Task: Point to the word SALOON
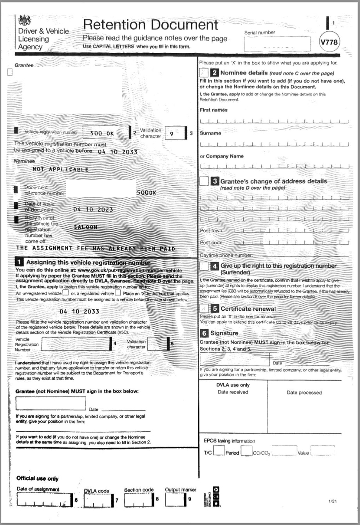pos(85,227)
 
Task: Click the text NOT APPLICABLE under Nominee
pos(60,170)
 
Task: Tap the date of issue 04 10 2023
pos(93,209)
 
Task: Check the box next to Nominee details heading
pos(204,72)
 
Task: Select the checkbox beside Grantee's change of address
pos(204,181)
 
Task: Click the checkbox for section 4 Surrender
pos(204,266)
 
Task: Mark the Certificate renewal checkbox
pos(204,309)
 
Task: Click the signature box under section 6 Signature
pos(234,359)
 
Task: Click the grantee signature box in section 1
pos(51,403)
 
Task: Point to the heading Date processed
pos(304,393)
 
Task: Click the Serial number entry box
pos(277,44)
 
